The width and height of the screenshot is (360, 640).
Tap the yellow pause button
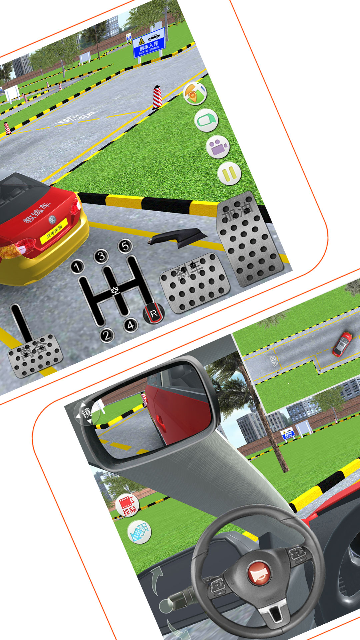coord(229,174)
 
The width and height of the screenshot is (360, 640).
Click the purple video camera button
coord(218,147)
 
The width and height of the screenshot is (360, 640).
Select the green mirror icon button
coord(206,120)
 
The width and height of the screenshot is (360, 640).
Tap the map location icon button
coord(195,93)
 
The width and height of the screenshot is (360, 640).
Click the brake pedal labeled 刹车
coord(195,283)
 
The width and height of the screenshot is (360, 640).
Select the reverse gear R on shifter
coord(154,313)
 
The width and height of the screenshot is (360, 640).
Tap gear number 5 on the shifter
coord(125,246)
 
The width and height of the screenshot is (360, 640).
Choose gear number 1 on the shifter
coord(77,267)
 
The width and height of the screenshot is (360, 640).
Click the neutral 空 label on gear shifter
coord(115,291)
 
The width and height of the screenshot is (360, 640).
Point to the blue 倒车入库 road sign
coord(149,43)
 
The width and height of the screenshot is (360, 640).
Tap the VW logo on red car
coord(52,219)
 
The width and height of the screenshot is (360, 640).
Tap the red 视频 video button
coord(127,505)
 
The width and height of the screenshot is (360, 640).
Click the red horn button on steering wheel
coord(259,573)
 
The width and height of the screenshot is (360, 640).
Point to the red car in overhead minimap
coord(342,344)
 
